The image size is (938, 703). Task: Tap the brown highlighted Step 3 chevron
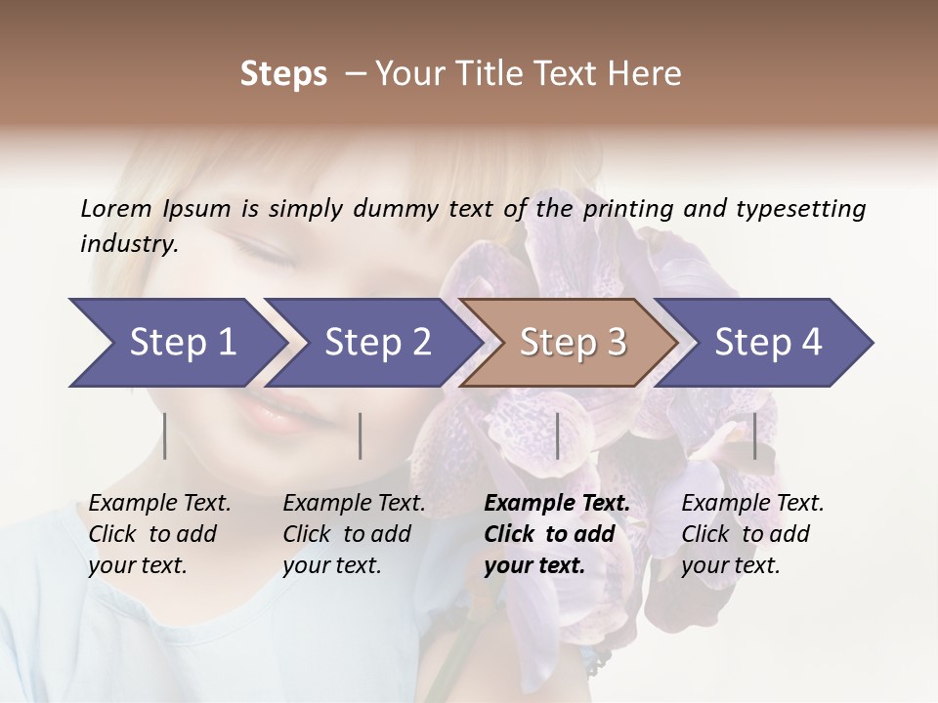coord(570,342)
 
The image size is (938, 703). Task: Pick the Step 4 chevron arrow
coord(765,342)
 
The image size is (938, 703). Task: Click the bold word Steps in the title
coord(283,73)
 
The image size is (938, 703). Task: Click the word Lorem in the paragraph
coord(116,208)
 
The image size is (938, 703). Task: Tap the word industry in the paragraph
coord(128,244)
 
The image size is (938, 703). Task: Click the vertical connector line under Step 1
coord(165,435)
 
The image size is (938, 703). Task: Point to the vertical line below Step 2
coord(361,435)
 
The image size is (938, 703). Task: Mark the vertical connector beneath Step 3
coord(557,435)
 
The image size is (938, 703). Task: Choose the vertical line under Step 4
coord(754,435)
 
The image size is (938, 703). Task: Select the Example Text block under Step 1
coord(159,534)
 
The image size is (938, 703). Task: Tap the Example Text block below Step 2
coord(354,534)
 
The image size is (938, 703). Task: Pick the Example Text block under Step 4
coord(752,534)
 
